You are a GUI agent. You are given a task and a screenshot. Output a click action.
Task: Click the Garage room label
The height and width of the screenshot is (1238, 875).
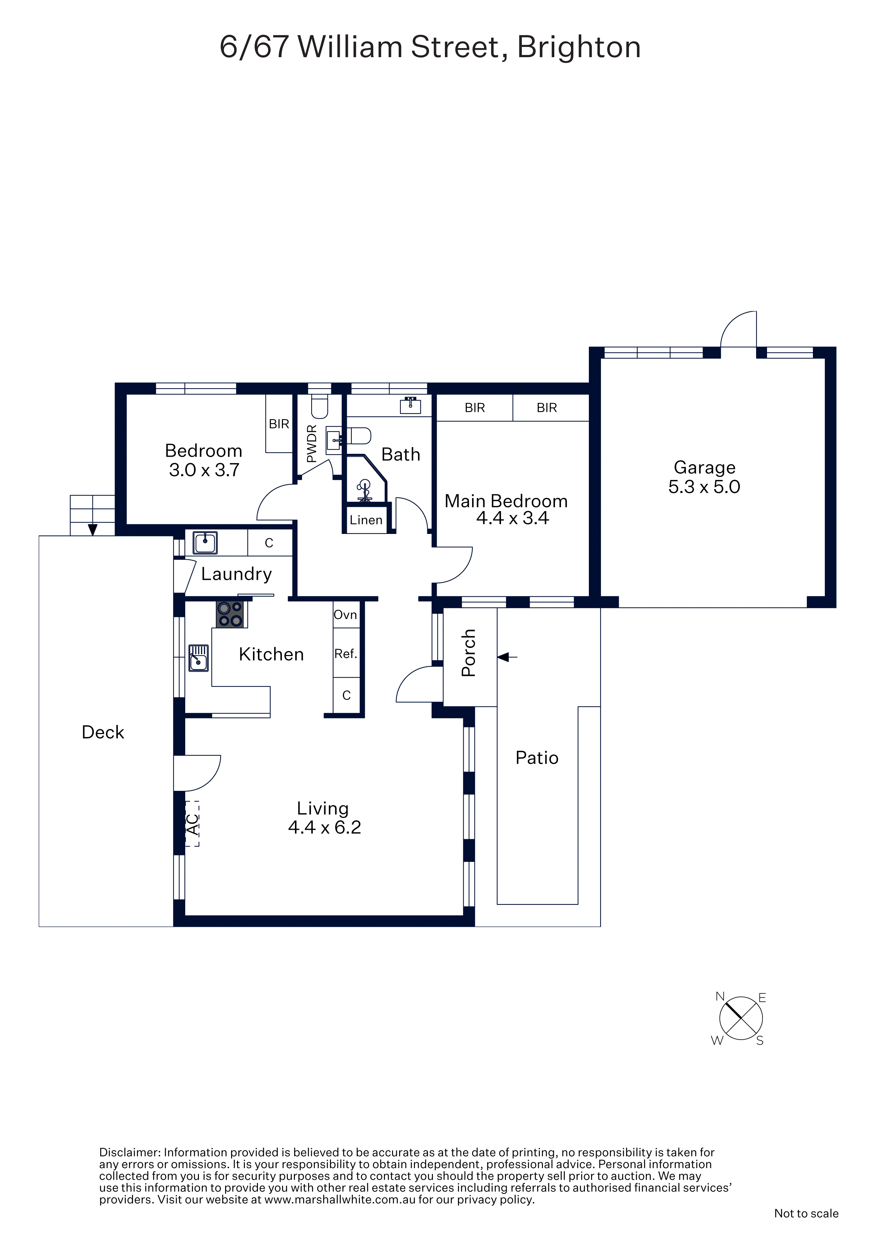[x=704, y=468]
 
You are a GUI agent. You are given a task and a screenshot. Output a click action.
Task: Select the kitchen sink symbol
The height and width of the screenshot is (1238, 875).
[x=198, y=658]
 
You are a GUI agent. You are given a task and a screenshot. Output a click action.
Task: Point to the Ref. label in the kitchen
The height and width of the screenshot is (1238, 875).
[x=345, y=654]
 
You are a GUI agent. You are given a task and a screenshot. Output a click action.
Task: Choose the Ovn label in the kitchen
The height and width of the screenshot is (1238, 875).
[x=345, y=615]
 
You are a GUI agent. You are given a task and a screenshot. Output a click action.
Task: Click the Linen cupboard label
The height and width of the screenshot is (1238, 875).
[x=366, y=520]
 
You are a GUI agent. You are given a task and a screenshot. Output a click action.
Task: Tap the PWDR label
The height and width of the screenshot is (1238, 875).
[x=311, y=444]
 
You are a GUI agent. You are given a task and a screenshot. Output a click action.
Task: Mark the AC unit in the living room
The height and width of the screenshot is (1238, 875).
[x=192, y=823]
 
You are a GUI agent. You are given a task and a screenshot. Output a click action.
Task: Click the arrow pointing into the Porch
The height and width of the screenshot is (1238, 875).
[x=507, y=657]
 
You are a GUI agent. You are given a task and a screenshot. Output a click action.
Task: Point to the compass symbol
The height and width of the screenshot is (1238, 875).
[x=741, y=1018]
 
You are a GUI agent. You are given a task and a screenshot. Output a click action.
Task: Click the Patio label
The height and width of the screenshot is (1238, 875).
[x=537, y=758]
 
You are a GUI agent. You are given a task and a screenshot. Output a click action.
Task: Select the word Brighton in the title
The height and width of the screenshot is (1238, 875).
[x=579, y=47]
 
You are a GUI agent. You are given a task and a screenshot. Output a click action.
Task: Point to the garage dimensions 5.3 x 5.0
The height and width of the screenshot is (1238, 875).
[x=704, y=487]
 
